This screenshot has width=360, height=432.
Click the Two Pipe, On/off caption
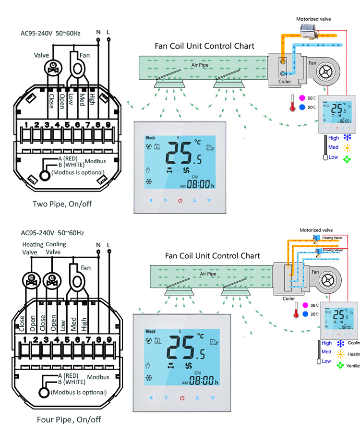point(62,204)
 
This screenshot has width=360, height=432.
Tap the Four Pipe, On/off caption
point(69,420)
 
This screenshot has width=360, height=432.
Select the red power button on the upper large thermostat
point(180,201)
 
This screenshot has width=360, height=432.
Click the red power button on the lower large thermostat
point(182,398)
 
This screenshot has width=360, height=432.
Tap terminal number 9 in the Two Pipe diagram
point(108,125)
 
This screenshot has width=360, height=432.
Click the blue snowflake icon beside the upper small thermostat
point(347,138)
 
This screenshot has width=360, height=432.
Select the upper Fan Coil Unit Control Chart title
point(204,46)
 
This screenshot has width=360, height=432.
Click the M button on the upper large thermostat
point(151,201)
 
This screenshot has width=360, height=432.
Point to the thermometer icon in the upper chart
point(292,102)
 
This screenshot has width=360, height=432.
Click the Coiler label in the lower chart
point(289,298)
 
